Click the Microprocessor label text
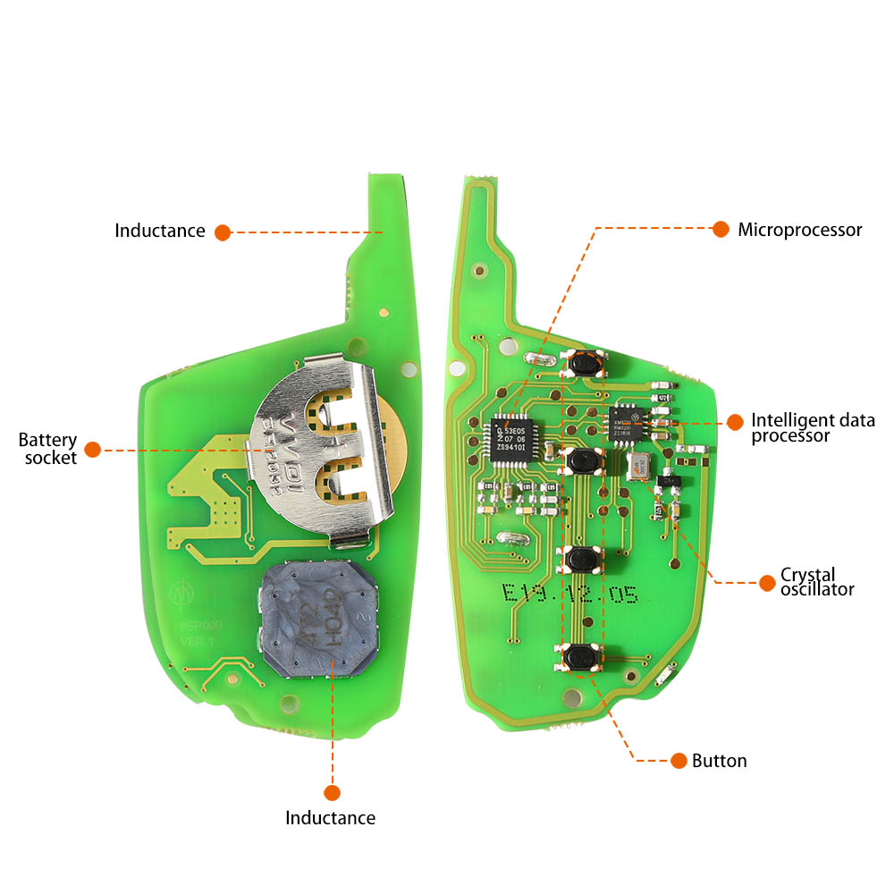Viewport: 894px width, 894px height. click(x=799, y=230)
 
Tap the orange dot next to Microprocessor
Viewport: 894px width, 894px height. click(x=721, y=229)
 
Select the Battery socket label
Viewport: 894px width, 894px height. click(x=47, y=449)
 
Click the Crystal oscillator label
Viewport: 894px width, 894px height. click(x=817, y=581)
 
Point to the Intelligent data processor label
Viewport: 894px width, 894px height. click(x=812, y=427)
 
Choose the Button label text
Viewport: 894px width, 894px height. click(x=719, y=761)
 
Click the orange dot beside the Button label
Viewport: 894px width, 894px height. click(x=679, y=761)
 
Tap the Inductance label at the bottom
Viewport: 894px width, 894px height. click(x=330, y=817)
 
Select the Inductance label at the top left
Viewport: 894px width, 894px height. click(x=159, y=231)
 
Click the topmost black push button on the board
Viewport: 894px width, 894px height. click(x=585, y=363)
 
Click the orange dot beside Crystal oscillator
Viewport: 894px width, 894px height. click(x=766, y=582)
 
